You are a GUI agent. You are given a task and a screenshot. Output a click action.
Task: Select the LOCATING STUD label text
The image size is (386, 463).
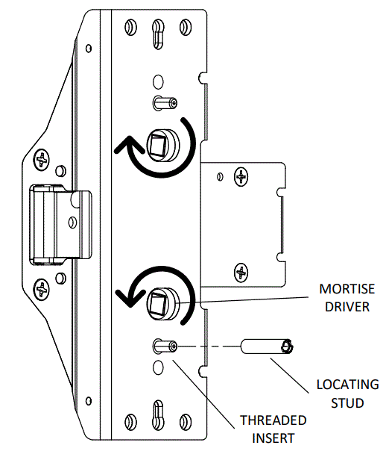click(x=347, y=394)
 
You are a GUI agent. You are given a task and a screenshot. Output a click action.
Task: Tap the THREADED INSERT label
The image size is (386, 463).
click(x=273, y=429)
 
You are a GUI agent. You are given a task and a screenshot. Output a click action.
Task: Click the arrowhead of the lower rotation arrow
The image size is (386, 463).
click(x=127, y=297)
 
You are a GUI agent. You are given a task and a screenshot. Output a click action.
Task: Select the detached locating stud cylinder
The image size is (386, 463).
click(x=268, y=347)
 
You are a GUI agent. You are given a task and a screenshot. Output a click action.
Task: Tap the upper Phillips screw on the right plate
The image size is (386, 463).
click(x=241, y=176)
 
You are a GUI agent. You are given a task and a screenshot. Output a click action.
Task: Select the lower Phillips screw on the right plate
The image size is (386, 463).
click(x=241, y=272)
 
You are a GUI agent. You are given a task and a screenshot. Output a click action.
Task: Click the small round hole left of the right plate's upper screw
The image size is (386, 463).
click(x=220, y=177)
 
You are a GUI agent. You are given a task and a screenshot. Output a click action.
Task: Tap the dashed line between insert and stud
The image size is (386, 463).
click(x=209, y=347)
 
